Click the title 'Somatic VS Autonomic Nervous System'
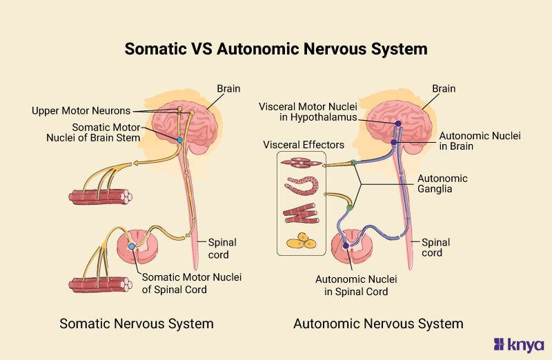click(x=276, y=50)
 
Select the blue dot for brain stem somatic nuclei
click(x=179, y=140)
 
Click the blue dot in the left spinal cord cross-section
click(x=132, y=246)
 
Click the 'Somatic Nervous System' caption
click(x=137, y=323)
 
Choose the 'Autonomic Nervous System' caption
click(x=378, y=323)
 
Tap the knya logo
click(x=519, y=344)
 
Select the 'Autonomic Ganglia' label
click(x=442, y=183)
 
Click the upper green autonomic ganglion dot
click(x=353, y=163)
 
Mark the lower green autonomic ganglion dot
click(x=350, y=207)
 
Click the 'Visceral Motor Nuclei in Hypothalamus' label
click(x=308, y=112)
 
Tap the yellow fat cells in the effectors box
click(x=301, y=241)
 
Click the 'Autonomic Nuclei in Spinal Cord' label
click(x=351, y=286)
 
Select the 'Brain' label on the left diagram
click(x=228, y=89)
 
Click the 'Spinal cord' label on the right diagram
click(x=436, y=248)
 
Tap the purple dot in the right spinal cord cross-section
click(x=345, y=246)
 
